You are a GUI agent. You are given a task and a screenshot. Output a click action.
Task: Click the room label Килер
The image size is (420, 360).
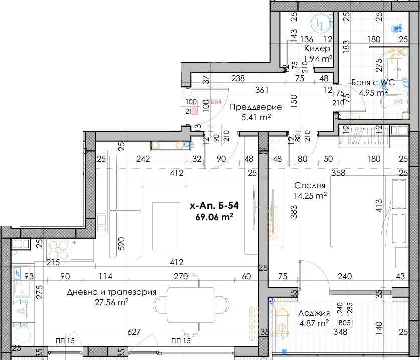point(318,49)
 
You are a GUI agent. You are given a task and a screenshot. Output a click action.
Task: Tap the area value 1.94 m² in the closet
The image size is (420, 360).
point(318,58)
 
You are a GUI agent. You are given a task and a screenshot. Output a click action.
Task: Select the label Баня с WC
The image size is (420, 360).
point(373,83)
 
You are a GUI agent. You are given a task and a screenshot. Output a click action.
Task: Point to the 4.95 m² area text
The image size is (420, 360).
point(373,92)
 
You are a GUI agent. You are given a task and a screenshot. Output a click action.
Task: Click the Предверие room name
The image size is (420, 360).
point(256,107)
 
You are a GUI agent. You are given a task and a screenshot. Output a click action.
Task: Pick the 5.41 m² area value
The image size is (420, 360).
point(257,117)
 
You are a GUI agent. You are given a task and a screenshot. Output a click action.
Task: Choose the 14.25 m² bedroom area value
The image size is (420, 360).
point(311,195)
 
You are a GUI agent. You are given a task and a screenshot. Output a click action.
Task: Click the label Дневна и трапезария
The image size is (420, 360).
point(112,292)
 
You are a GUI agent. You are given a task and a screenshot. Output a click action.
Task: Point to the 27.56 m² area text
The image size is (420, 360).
point(112,302)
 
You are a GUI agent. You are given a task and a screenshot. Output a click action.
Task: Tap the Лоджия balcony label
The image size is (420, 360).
point(314,313)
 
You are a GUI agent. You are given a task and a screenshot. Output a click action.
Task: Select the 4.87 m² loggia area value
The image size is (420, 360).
point(314,323)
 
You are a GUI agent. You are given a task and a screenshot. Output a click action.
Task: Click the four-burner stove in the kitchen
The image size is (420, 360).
point(60,249)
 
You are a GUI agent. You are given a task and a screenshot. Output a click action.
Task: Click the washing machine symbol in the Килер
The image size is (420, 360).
point(319,22)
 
